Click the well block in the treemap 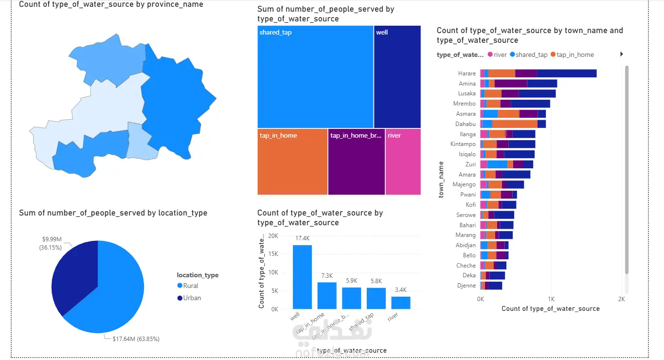(397, 76)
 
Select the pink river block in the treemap (403, 162)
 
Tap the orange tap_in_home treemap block (292, 162)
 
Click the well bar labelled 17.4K (302, 276)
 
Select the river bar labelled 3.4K (400, 303)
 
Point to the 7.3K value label (327, 276)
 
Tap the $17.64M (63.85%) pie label (133, 339)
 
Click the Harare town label (467, 73)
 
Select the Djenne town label (467, 286)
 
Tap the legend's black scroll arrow (621, 54)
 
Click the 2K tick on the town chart (621, 299)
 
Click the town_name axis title (441, 180)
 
